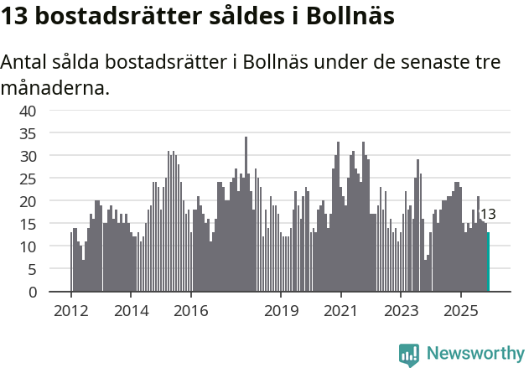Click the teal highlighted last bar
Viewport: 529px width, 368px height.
point(488,262)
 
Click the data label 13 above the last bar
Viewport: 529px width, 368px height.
point(487,215)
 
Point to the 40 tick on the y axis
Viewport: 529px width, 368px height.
point(28,111)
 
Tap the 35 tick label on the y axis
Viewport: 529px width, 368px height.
point(28,133)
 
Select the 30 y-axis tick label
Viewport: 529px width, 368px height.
point(28,156)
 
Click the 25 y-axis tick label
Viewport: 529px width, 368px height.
point(28,179)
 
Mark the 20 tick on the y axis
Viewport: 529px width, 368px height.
point(28,201)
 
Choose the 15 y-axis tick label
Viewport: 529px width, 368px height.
point(28,224)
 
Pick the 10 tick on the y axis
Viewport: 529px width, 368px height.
point(28,246)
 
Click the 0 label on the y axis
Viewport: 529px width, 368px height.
point(32,292)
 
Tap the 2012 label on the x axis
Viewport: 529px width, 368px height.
point(70,310)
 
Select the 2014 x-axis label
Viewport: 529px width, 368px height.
point(131,310)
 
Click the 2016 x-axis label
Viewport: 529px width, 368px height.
point(191,310)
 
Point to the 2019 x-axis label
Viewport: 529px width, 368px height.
point(281,310)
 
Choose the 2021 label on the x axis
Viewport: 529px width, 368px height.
point(341,310)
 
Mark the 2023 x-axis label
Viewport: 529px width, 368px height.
point(401,310)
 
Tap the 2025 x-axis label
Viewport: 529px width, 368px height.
point(461,310)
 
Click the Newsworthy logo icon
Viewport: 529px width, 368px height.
point(409,355)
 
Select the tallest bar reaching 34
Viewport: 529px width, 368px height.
point(246,215)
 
